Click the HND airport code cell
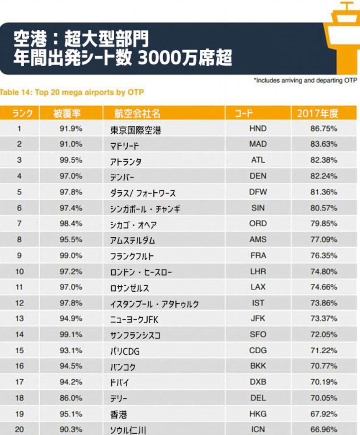[257, 129]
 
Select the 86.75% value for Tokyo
[324, 129]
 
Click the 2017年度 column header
[318, 113]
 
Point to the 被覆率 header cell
[67, 113]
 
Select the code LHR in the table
[257, 272]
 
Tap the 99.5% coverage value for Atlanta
[71, 160]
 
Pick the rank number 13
[19, 318]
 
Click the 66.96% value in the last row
[324, 430]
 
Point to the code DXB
[257, 382]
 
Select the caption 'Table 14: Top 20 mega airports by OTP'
[72, 92]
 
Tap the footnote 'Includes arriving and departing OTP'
[305, 80]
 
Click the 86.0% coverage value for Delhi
[71, 398]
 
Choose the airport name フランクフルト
[132, 256]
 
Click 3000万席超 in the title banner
[185, 58]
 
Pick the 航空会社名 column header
[137, 113]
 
